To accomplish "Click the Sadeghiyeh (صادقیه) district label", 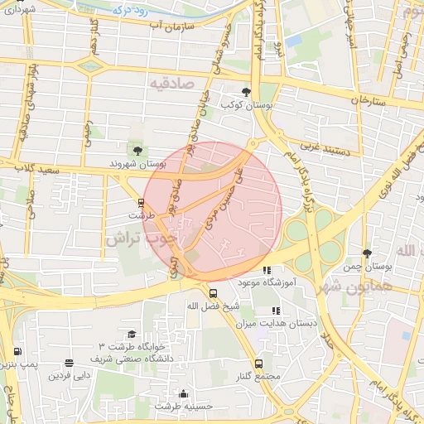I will pyautogui.click(x=172, y=84).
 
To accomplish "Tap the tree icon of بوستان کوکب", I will pyautogui.click(x=245, y=92).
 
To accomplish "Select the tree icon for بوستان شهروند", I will pyautogui.click(x=137, y=150).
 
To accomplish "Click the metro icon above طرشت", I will pyautogui.click(x=140, y=202).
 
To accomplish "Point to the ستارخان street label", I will pyautogui.click(x=369, y=99).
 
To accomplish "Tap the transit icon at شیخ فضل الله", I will pyautogui.click(x=213, y=293).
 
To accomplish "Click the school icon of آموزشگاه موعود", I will pyautogui.click(x=266, y=270).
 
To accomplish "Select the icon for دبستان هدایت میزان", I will pyautogui.click(x=275, y=311).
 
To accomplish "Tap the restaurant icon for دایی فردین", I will pyautogui.click(x=68, y=363).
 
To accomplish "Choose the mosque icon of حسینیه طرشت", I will pyautogui.click(x=183, y=393).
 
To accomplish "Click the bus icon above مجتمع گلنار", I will pyautogui.click(x=258, y=364).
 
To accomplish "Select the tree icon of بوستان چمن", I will pyautogui.click(x=366, y=253).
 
